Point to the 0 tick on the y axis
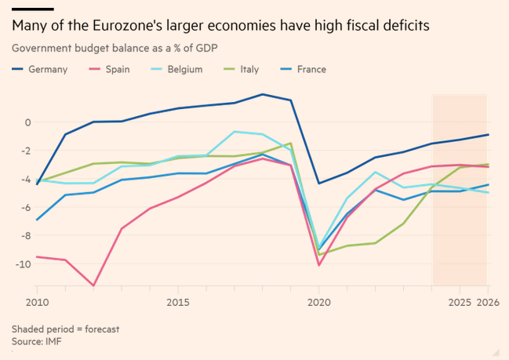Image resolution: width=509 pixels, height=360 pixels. (27, 122)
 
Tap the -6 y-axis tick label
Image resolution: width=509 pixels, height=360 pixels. (25, 207)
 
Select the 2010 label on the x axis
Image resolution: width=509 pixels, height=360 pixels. (36, 302)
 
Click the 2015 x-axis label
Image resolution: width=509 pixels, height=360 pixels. (178, 302)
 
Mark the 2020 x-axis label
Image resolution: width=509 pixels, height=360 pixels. (319, 302)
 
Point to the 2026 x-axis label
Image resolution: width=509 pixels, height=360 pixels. (489, 302)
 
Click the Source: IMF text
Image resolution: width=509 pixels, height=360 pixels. (36, 341)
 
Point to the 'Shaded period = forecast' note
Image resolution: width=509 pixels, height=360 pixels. (65, 329)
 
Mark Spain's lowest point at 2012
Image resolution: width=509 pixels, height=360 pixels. (93, 285)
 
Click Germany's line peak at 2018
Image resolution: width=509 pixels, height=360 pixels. (263, 94)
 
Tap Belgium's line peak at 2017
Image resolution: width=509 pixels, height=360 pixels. (235, 132)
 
